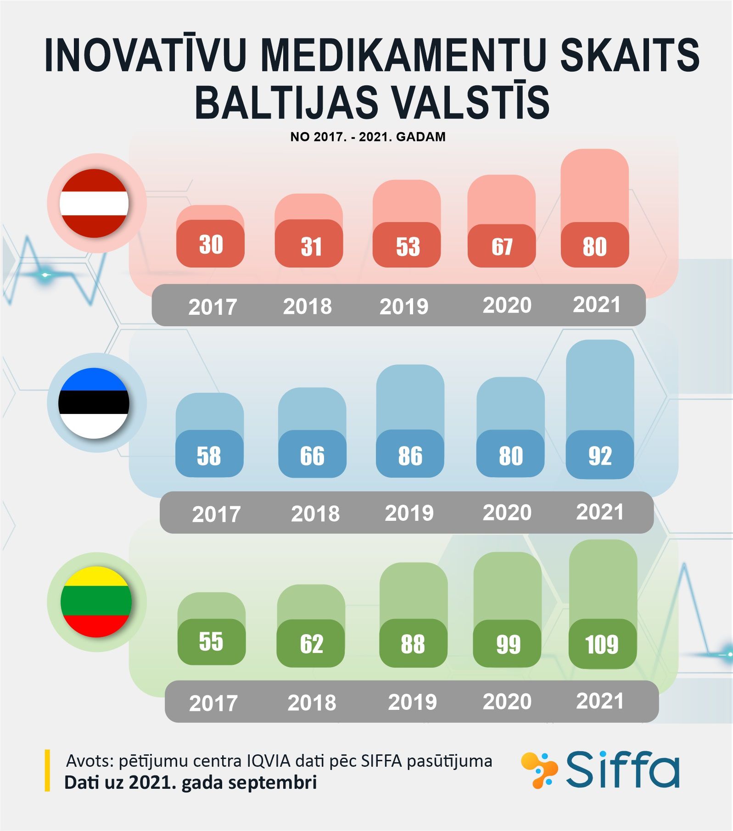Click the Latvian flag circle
[x=94, y=203]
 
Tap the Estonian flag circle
[x=94, y=403]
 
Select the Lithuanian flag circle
[x=96, y=602]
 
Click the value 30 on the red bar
[x=211, y=244]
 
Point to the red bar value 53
[x=408, y=247]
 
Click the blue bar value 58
[x=209, y=456]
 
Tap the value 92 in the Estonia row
[x=600, y=456]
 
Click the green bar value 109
[x=602, y=644]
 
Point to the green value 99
[x=508, y=644]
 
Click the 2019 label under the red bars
[x=404, y=307]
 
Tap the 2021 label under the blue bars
[x=600, y=512]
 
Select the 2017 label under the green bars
[x=213, y=703]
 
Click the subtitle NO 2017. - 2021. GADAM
[x=368, y=137]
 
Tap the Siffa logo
[x=600, y=770]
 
